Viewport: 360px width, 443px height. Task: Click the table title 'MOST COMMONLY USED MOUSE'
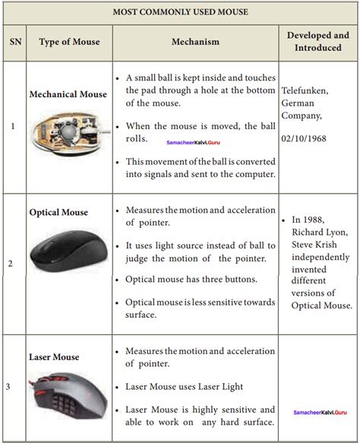(180, 12)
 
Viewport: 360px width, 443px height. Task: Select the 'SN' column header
(15, 42)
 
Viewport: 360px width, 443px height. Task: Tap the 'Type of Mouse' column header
(69, 42)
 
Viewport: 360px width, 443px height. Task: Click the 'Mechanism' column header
(195, 42)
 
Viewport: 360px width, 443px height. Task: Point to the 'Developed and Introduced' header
(318, 41)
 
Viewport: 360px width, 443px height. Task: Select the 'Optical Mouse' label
(58, 212)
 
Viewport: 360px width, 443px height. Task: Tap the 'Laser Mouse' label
(54, 356)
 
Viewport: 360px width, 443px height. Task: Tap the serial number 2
(10, 264)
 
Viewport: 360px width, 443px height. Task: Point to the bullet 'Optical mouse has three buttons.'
(191, 279)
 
